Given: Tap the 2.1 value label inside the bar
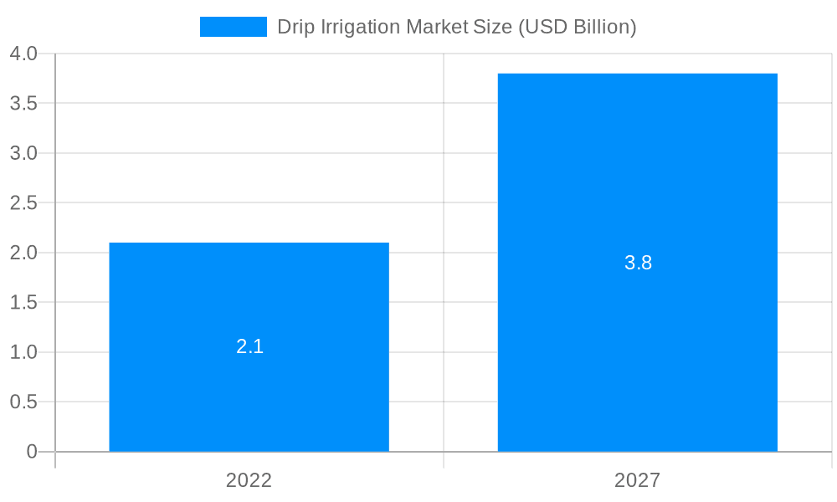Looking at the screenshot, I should (249, 346).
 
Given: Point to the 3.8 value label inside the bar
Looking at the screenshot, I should (638, 263).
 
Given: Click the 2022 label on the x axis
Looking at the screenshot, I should (249, 480).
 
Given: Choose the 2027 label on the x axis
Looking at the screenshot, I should (637, 480).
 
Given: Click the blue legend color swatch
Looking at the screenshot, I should (233, 27).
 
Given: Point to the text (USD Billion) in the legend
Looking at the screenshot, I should (578, 27).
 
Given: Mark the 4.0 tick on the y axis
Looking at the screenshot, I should (23, 54).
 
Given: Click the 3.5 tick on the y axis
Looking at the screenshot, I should (23, 104).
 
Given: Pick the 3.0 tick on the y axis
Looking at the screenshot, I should (23, 153).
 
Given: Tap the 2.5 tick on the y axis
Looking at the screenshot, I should (23, 203).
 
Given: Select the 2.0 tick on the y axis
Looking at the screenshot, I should (23, 253).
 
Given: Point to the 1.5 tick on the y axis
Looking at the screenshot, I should (23, 302).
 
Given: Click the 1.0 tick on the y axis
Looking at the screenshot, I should (23, 352).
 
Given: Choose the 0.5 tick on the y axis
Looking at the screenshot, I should (23, 402).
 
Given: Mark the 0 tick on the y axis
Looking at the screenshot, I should (32, 452).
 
